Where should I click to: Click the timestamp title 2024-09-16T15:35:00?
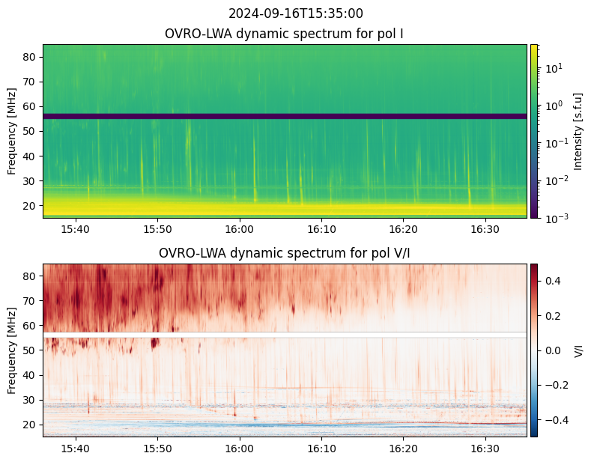point(295,13)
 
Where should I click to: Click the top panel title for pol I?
point(284,34)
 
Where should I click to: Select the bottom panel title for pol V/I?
point(284,253)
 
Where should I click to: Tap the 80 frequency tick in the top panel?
point(29,57)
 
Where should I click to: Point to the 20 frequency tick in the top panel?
point(29,206)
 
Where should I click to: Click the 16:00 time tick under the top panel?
point(240,229)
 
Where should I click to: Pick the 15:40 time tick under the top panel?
point(76,229)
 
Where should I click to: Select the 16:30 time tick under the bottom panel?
point(485,449)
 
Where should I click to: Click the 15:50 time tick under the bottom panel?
point(157,449)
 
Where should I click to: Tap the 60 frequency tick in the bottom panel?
point(29,326)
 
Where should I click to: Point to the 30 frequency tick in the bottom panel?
point(29,400)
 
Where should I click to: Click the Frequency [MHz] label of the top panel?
point(12,131)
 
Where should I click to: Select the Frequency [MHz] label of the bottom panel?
point(12,350)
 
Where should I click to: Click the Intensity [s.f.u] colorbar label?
point(578,131)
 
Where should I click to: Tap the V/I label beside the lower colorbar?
point(578,350)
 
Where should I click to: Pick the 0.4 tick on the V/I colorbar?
point(553,281)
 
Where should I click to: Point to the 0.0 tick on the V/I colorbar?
point(553,350)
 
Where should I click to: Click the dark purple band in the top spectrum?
point(285,117)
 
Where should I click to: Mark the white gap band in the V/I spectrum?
point(285,335)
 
